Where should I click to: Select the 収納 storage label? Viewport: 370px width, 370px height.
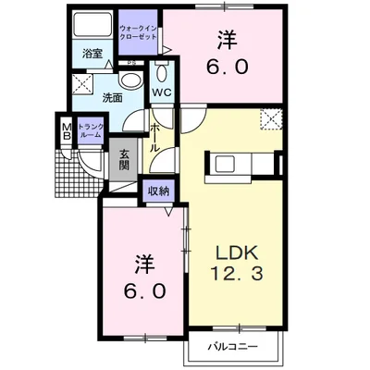157,191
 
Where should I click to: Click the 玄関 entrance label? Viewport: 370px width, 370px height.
123,160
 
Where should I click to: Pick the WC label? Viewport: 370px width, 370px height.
162,92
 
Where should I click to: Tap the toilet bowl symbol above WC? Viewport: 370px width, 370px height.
163,74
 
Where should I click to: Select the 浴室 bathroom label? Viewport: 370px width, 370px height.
91,54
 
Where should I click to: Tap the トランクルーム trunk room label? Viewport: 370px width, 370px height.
91,132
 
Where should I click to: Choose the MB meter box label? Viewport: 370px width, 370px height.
67,130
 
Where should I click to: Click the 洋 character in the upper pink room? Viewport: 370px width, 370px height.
228,41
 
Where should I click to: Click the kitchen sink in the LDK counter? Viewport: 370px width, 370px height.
226,166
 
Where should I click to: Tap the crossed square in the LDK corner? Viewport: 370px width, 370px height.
270,118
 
